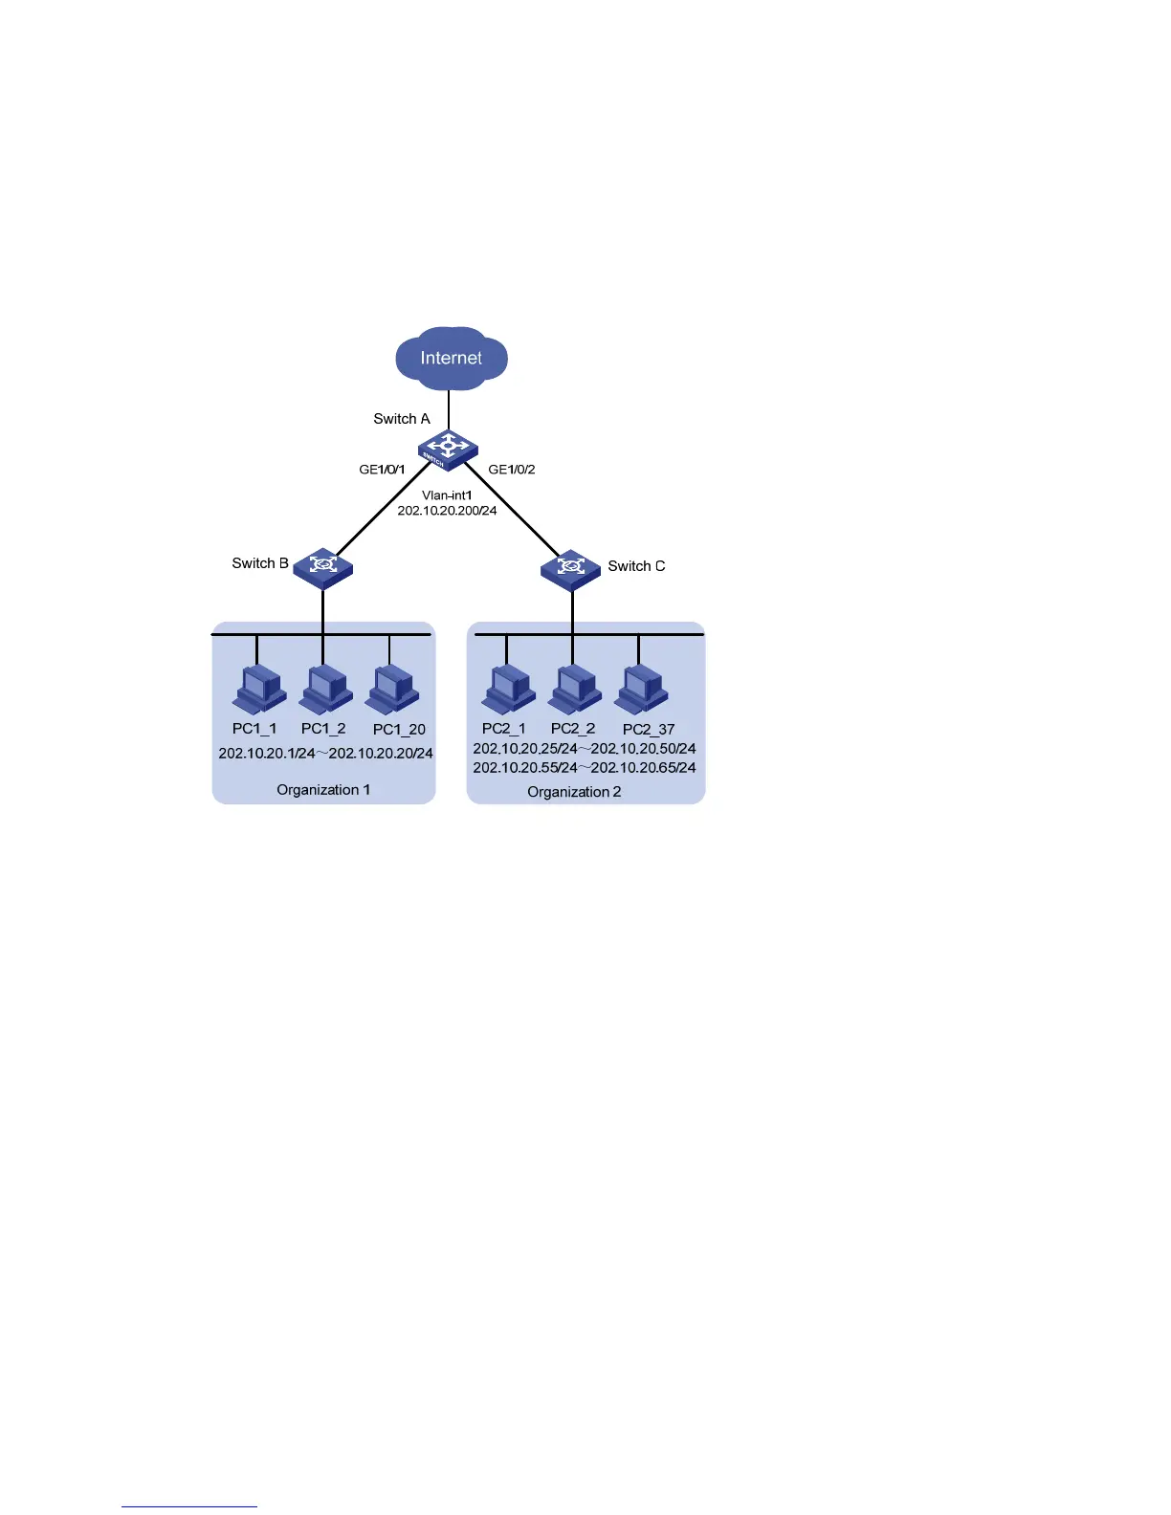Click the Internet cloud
pos(452,359)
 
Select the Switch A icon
pos(447,449)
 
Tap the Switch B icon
pos(323,567)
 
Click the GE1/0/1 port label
pos(382,470)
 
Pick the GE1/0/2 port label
pos(512,470)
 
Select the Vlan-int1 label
pos(447,495)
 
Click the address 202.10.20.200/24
pos(447,511)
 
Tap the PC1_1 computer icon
pos(258,690)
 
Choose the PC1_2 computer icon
pos(326,690)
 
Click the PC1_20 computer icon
pos(393,690)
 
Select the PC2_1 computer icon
pos(508,690)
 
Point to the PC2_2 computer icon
pos(575,690)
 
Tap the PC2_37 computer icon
pos(642,690)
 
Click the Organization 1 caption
pos(323,790)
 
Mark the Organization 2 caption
pos(574,792)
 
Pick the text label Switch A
pos(402,419)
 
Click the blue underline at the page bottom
pos(189,1506)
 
